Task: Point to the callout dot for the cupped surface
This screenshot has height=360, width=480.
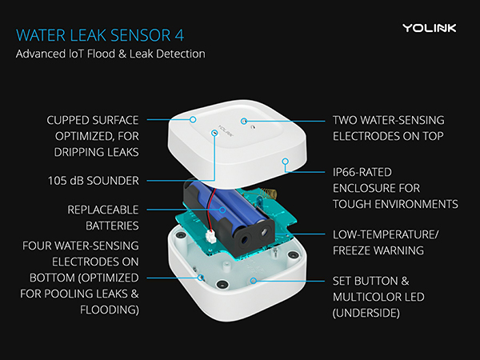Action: (194, 119)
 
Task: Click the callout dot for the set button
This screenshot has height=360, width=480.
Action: (254, 281)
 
